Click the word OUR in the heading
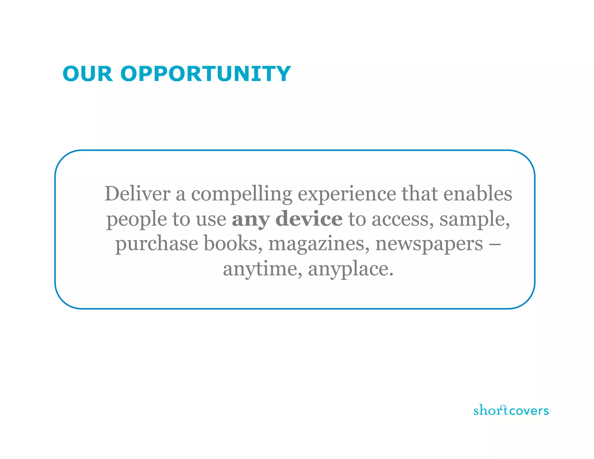[x=87, y=74]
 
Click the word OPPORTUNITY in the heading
[x=205, y=74]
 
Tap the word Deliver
[x=137, y=194]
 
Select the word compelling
[x=242, y=194]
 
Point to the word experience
[x=347, y=194]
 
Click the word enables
[x=478, y=194]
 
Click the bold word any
[x=251, y=220]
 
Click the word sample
[x=474, y=220]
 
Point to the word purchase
[x=157, y=244]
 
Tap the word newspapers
[x=429, y=244]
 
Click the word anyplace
[x=350, y=269]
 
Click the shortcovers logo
[x=511, y=410]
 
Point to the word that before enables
[x=419, y=194]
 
